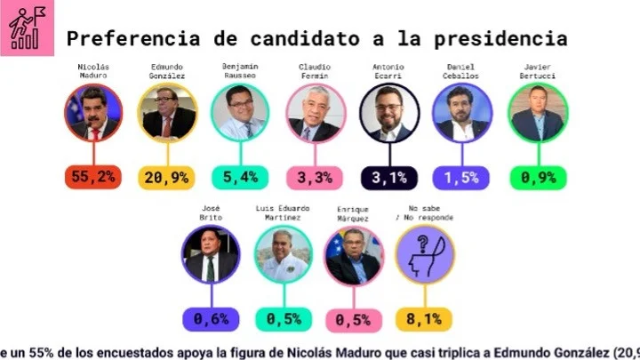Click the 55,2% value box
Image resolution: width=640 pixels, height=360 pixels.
click(x=92, y=177)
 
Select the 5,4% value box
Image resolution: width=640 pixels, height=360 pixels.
click(x=240, y=177)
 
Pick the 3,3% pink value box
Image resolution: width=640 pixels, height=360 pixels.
click(x=314, y=177)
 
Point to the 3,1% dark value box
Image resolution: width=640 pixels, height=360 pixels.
click(x=388, y=177)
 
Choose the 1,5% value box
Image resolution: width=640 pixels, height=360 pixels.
click(x=462, y=177)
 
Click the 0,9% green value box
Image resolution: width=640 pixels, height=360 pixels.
click(x=536, y=177)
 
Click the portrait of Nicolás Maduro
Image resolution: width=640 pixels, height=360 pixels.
click(x=92, y=114)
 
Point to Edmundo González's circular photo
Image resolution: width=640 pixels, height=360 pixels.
click(x=166, y=114)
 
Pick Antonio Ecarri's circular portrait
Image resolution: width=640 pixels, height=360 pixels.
click(x=388, y=114)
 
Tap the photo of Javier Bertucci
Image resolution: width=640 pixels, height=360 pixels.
click(x=537, y=114)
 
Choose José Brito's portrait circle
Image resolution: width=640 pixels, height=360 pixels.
click(x=210, y=254)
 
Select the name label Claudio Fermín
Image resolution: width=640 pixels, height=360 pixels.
click(x=314, y=71)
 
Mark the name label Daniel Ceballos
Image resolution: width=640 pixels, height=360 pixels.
click(x=462, y=71)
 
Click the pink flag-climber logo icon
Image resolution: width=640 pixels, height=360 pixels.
click(x=28, y=28)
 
